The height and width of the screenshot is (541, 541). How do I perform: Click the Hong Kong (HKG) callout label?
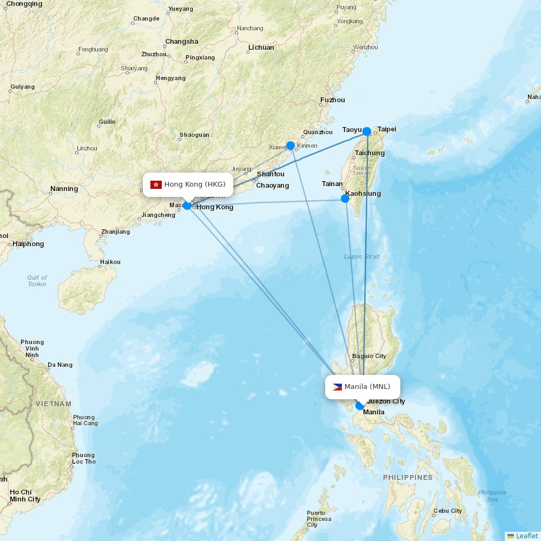[x=188, y=184]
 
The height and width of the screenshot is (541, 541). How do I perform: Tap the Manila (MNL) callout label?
[x=362, y=387]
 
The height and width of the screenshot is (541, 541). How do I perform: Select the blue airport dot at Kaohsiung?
[x=345, y=199]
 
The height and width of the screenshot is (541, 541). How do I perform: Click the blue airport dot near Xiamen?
[x=291, y=146]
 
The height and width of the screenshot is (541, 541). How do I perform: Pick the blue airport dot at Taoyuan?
[x=367, y=131]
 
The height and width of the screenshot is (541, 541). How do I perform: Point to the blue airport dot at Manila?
[x=360, y=406]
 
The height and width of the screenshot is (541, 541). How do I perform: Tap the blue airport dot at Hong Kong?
[x=187, y=206]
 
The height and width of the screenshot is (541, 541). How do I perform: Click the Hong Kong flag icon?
[x=156, y=185]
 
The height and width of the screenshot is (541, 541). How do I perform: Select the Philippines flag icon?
[x=337, y=387]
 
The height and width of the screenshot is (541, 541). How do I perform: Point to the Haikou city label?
[x=110, y=262]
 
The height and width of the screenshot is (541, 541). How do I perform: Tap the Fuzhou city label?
[x=332, y=100]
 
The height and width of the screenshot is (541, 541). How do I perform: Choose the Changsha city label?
[x=182, y=42]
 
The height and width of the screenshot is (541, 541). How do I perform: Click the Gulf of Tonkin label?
[x=37, y=281]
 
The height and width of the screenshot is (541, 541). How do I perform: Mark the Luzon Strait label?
[x=362, y=256]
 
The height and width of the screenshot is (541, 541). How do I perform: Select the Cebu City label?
[x=447, y=511]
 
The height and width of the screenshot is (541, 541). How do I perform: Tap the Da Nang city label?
[x=60, y=365]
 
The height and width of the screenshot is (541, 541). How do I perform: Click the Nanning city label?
[x=64, y=189]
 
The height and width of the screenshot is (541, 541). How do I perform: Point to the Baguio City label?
[x=369, y=356]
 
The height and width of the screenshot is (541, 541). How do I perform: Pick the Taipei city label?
[x=387, y=129]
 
